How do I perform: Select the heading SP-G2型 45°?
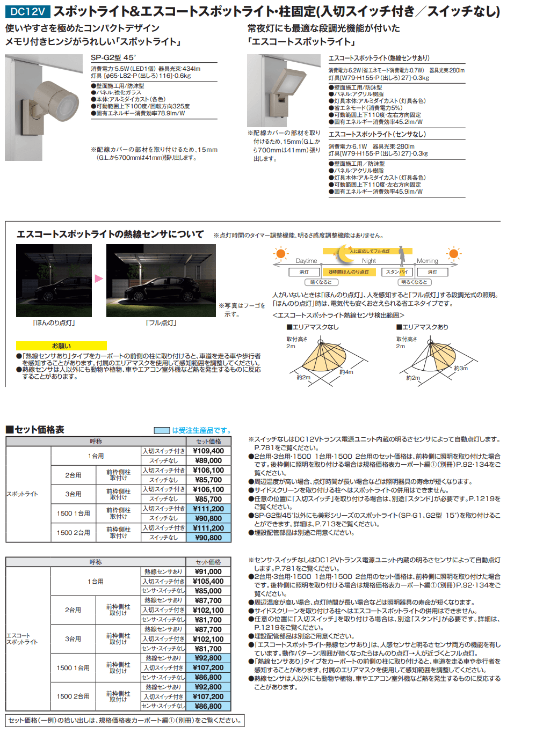tap(113, 58)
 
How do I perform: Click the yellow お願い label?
tap(61, 346)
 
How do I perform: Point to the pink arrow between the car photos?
tap(99, 278)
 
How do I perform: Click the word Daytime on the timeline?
tap(306, 261)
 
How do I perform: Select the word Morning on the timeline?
tap(428, 261)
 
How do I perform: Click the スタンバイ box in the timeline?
tap(397, 272)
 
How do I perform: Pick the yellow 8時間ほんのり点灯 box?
tap(349, 272)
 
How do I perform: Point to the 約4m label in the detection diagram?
tap(346, 372)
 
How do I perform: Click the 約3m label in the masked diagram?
tap(461, 368)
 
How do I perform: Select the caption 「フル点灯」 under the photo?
tap(161, 323)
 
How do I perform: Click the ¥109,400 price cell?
tap(208, 451)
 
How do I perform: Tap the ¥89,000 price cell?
tap(208, 461)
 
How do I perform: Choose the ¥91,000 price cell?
tap(208, 572)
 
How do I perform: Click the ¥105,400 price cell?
tap(208, 582)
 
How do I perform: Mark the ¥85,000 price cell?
tap(208, 591)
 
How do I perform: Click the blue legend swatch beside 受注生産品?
tap(162, 430)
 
